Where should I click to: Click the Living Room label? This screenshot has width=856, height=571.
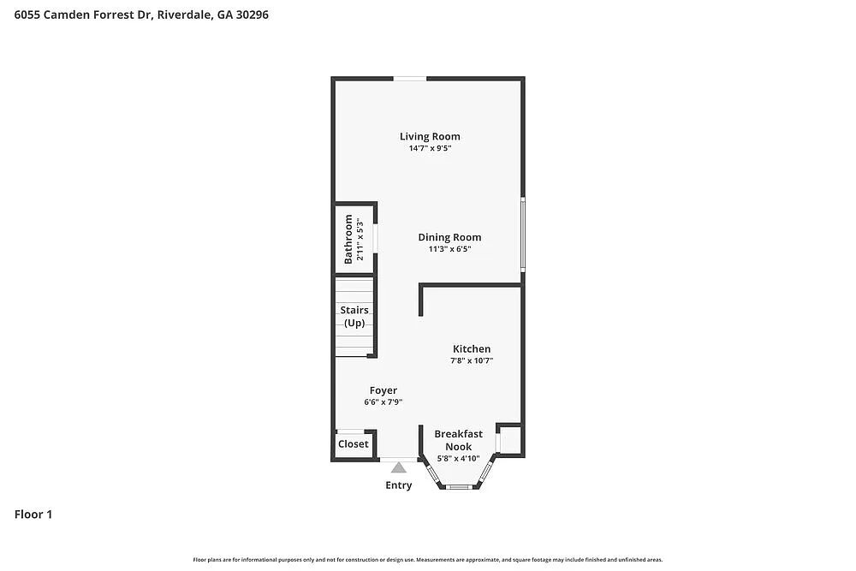pos(430,136)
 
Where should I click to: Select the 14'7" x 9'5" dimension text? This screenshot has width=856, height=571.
pos(430,148)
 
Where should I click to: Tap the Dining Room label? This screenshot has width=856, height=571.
pos(449,237)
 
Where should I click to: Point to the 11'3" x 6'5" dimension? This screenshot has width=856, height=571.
pos(449,250)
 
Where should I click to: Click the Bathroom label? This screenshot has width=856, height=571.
pos(348,239)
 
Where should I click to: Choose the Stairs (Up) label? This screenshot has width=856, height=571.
pos(354,316)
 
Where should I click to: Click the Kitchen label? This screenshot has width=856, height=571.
pos(472,348)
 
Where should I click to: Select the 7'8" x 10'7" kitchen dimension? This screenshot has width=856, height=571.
pos(472,361)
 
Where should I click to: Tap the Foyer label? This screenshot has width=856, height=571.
pos(383,390)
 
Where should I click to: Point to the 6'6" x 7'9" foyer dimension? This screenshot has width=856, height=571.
pos(383,402)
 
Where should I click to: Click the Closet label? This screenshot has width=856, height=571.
pos(354,444)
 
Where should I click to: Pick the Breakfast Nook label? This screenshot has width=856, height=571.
pos(458,440)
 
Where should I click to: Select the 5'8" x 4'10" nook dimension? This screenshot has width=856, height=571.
pos(458,458)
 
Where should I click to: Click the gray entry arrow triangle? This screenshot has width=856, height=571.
pos(398,467)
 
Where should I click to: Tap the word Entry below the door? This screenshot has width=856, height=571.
pos(398,485)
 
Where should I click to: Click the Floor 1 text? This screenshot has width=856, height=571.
pos(33,514)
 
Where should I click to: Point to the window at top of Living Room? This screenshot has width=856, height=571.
pos(410,79)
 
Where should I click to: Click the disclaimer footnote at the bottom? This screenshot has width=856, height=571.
pos(428,559)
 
